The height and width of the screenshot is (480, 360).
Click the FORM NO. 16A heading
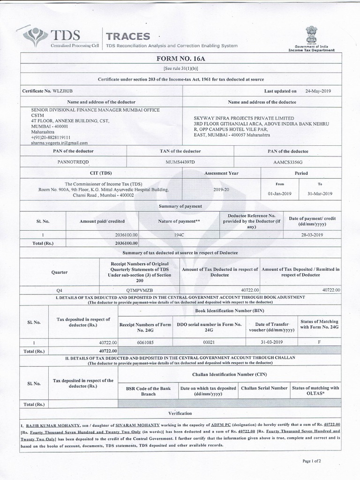pyautogui.click(x=180, y=59)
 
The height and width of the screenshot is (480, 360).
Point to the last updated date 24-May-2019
pyautogui.click(x=318, y=90)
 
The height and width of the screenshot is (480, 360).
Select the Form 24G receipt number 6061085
pyautogui.click(x=145, y=342)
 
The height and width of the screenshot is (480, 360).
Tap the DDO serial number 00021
pyautogui.click(x=208, y=342)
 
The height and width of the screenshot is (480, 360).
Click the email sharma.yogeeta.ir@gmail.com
pyautogui.click(x=59, y=142)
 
